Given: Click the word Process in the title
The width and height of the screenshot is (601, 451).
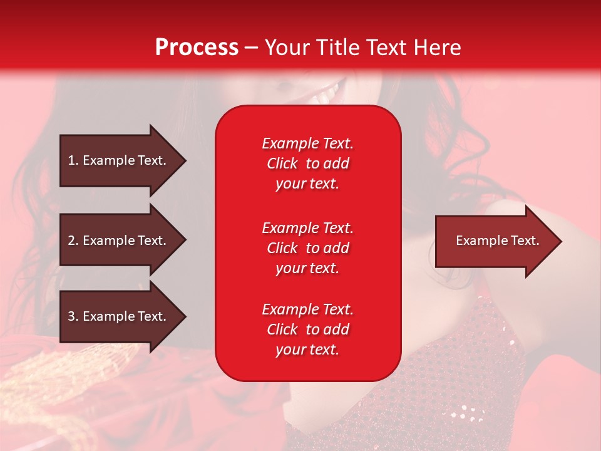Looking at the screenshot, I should tap(197, 48).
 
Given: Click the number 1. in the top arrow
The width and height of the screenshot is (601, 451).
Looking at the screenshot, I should tap(73, 160).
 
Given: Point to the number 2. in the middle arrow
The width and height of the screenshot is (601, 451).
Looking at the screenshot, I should tap(73, 241).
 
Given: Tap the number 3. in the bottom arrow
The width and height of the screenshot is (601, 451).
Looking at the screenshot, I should tap(73, 316).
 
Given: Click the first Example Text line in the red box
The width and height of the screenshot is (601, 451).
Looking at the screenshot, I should tap(307, 143).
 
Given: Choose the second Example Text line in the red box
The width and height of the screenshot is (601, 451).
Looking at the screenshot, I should tap(307, 228).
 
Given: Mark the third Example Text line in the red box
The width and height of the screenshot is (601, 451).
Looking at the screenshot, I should tap(307, 309).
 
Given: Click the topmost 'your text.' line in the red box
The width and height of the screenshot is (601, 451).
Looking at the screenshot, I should tap(307, 184).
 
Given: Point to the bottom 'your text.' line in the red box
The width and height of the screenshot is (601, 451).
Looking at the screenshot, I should tap(307, 350).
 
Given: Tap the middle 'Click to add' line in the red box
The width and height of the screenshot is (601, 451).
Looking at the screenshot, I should tap(307, 248).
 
